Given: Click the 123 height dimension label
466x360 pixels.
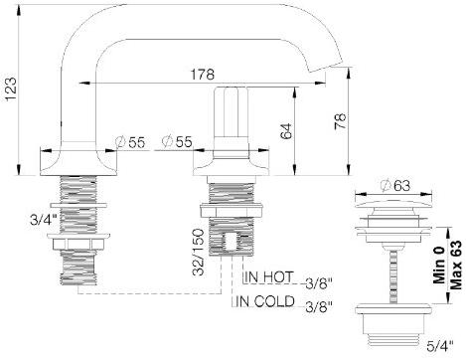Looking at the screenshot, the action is pyautogui.click(x=10, y=90).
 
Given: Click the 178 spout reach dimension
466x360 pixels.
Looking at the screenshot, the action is pyautogui.click(x=202, y=75).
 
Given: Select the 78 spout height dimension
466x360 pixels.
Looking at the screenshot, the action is pyautogui.click(x=340, y=121).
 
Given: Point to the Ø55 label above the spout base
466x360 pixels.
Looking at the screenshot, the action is pyautogui.click(x=130, y=142).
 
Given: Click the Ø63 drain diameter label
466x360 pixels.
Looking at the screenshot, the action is pyautogui.click(x=395, y=186).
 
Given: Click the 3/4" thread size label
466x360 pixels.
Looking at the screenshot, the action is pyautogui.click(x=43, y=220).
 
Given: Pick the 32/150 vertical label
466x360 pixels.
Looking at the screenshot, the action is pyautogui.click(x=199, y=252).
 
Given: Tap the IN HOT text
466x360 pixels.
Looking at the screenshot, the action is pyautogui.click(x=269, y=276).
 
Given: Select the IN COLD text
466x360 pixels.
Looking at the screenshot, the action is pyautogui.click(x=265, y=301).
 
